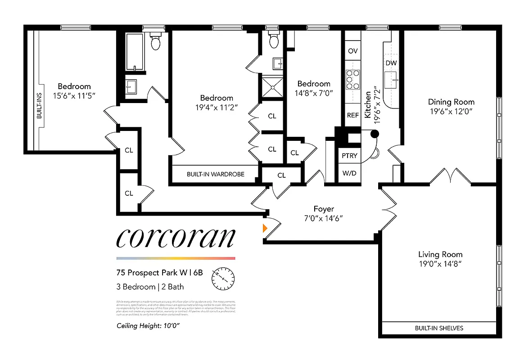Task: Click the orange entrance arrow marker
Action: tap(265, 228)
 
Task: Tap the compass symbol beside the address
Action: tap(223, 279)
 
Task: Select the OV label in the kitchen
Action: tap(353, 51)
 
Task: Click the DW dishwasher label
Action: tap(391, 63)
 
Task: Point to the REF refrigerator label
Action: tap(353, 115)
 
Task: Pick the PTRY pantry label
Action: tap(349, 156)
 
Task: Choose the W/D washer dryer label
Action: tap(349, 173)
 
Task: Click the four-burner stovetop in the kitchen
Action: tap(352, 80)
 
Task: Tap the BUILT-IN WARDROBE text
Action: tap(216, 174)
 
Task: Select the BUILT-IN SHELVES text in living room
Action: tap(439, 328)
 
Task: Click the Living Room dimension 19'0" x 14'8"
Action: tap(440, 263)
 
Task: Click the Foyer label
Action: tap(324, 209)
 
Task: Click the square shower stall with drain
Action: tap(272, 87)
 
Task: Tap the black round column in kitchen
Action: tap(374, 134)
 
